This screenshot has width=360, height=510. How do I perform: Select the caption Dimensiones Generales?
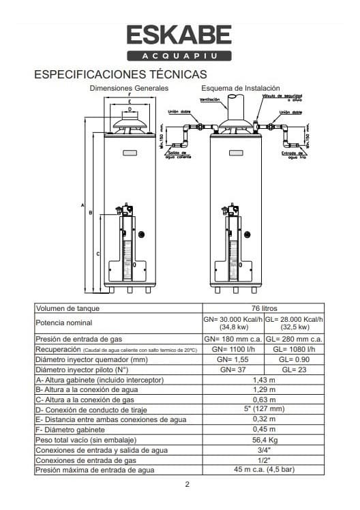coord(129,89)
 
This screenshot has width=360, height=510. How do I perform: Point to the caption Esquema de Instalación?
coord(240,89)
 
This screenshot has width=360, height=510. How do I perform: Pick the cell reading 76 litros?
coord(264,308)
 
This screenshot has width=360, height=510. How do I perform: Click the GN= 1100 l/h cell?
coord(233,349)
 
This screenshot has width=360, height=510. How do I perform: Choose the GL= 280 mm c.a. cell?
coord(294,339)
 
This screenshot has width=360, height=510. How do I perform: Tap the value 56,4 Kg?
coord(264,440)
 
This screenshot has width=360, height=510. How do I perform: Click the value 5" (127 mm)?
coord(264,410)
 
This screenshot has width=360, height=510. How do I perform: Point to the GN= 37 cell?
coord(233,369)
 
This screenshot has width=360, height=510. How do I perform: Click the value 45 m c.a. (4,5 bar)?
coord(264,470)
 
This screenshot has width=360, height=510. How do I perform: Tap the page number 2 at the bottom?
coord(187,485)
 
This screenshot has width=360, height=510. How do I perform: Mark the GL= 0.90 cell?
coord(294,359)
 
